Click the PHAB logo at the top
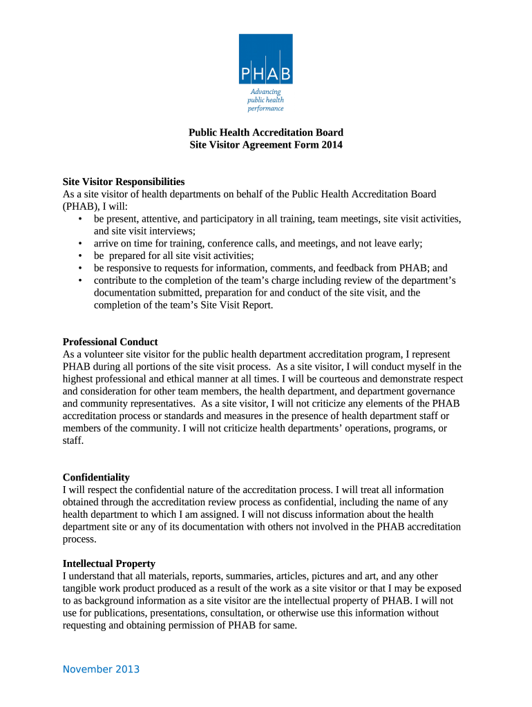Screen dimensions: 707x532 tap(265, 59)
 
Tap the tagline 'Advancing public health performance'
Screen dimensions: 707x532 tap(265, 100)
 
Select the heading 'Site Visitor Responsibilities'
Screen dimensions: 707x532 tap(124, 182)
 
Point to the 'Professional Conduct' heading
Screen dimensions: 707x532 tap(110, 342)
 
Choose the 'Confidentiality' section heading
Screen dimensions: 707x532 tap(96, 477)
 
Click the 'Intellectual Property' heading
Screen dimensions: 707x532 tap(108, 563)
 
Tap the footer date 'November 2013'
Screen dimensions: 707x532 tap(101, 669)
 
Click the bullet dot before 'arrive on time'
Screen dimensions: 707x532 tap(81, 244)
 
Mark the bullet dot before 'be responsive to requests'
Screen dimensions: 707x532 tap(81, 269)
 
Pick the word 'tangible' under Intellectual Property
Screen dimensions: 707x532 tap(82, 588)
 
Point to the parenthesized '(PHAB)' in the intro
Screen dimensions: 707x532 tap(82, 206)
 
